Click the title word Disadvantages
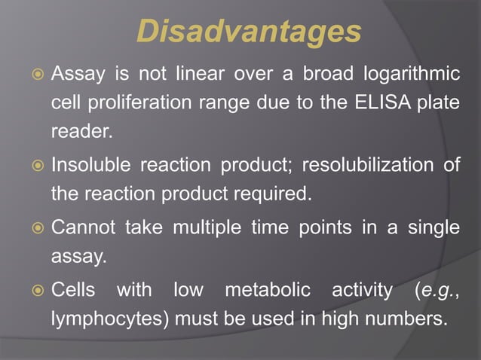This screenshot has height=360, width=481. (x=249, y=32)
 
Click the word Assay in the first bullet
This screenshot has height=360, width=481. (x=76, y=75)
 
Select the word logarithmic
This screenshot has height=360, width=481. (x=411, y=75)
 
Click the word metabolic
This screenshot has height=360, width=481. (x=268, y=290)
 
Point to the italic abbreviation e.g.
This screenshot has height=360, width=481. (x=437, y=290)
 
